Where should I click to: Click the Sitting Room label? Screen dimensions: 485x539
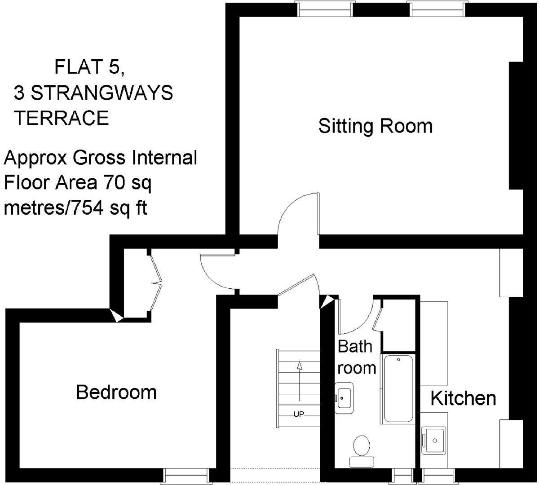(x=375, y=126)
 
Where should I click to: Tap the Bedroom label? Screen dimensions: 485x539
(x=116, y=392)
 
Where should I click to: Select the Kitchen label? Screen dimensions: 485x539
(x=463, y=398)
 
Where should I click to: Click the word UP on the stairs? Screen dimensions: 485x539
(x=299, y=414)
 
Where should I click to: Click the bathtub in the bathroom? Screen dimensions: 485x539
(x=398, y=389)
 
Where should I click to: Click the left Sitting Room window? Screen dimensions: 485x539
(x=323, y=9)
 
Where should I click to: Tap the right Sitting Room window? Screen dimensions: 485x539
(x=436, y=9)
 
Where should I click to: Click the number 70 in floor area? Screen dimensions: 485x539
(x=113, y=183)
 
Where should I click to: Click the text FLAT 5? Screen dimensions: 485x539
(x=88, y=67)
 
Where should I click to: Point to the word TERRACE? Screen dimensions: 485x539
(x=62, y=118)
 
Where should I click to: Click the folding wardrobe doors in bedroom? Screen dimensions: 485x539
(x=156, y=283)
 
